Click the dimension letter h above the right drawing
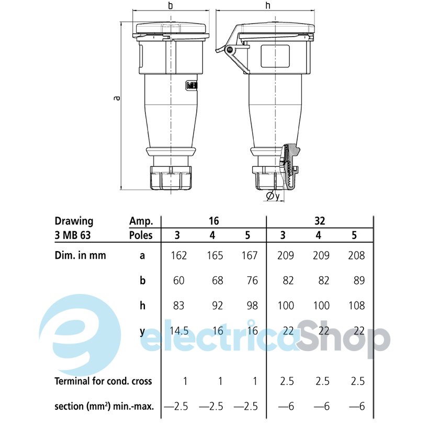click(x=268, y=5)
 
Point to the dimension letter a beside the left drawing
click(x=117, y=98)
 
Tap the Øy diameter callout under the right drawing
click(x=273, y=196)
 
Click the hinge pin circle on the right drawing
click(x=230, y=50)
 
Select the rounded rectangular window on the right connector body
click(x=275, y=56)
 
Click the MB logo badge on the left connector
click(x=191, y=86)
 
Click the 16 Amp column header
click(x=213, y=221)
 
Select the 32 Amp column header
click(x=320, y=221)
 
